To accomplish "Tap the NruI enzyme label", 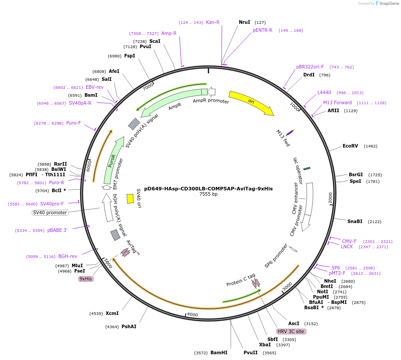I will [x=244, y=22].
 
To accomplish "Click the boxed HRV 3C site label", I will [x=291, y=331].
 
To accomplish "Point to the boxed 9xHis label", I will [x=86, y=279].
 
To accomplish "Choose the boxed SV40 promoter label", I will [x=50, y=212].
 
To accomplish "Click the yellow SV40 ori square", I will [x=130, y=199].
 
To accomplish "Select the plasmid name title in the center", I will [x=208, y=188].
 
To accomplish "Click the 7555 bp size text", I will [x=208, y=194].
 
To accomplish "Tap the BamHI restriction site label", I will [x=219, y=352].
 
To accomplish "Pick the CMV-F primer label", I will [x=349, y=241].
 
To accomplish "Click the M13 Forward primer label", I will [x=337, y=102].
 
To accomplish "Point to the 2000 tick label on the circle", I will [x=330, y=198].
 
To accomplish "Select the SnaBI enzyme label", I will [x=355, y=221].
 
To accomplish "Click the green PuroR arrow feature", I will [x=113, y=160].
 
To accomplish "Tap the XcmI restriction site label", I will [x=112, y=313].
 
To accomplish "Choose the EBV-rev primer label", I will [x=95, y=87].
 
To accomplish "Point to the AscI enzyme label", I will [x=294, y=323].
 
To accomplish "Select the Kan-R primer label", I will [x=213, y=22].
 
